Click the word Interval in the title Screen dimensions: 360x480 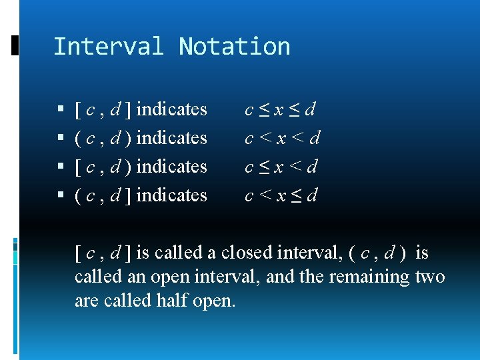pyautogui.click(x=108, y=47)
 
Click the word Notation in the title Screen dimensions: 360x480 pyautogui.click(x=235, y=47)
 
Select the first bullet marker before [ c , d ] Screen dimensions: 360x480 pyautogui.click(x=61, y=109)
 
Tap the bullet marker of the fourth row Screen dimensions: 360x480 pyautogui.click(x=61, y=196)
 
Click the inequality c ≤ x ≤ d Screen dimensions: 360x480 pyautogui.click(x=281, y=109)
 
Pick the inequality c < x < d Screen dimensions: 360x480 pyautogui.click(x=283, y=138)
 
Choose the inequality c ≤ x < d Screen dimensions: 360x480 pyautogui.click(x=281, y=167)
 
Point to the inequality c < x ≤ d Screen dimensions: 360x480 pyautogui.click(x=281, y=195)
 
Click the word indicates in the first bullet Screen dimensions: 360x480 pyautogui.click(x=171, y=109)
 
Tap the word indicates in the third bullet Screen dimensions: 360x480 pyautogui.click(x=171, y=166)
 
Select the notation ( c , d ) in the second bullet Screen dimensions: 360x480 pyautogui.click(x=103, y=138)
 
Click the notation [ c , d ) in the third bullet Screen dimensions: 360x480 pyautogui.click(x=103, y=167)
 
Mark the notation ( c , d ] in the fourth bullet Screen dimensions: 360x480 pyautogui.click(x=103, y=195)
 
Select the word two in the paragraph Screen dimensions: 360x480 pyautogui.click(x=430, y=277)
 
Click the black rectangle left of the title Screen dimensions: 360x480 pyautogui.click(x=15, y=45)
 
